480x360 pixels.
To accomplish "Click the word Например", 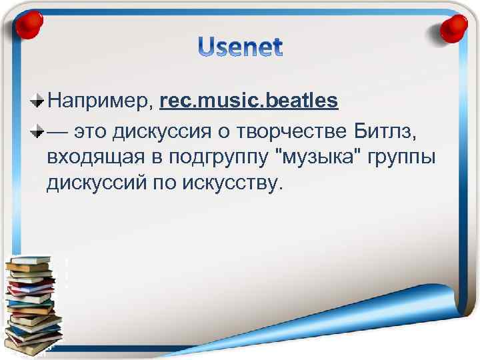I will point(100,102).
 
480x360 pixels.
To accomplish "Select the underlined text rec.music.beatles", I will point(249,101).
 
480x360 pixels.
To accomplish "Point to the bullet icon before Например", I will point(37,102).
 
